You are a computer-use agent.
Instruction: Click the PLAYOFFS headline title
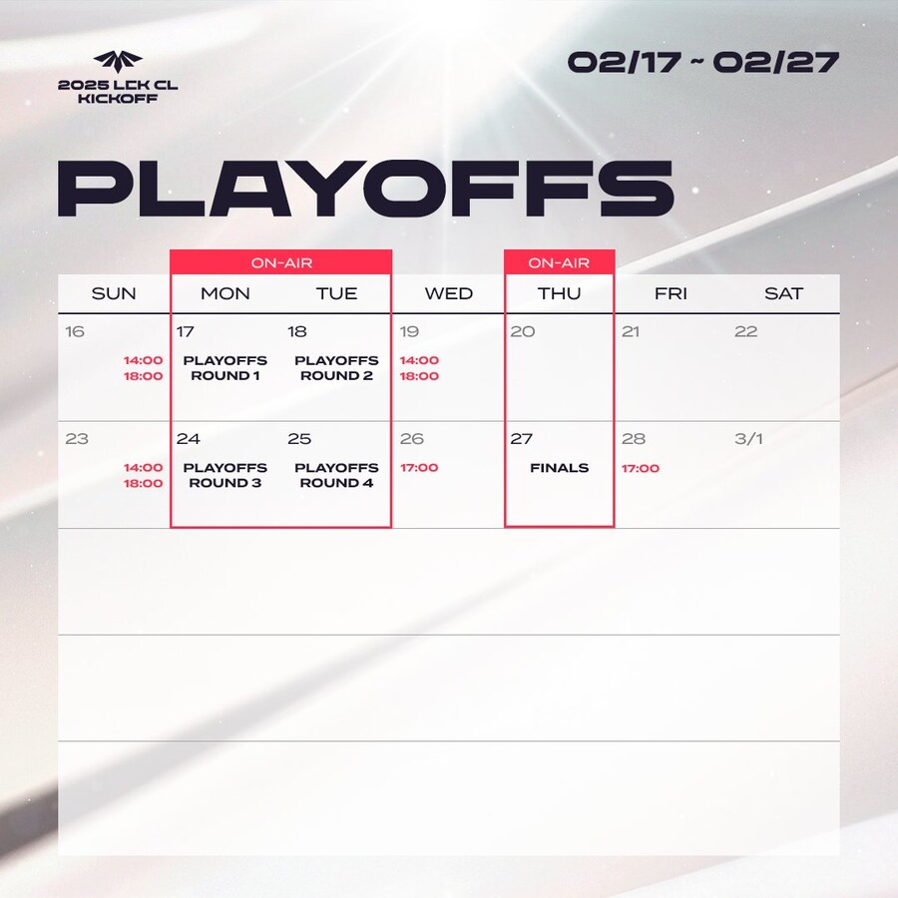tap(365, 187)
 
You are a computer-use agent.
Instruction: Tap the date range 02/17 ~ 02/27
tap(702, 61)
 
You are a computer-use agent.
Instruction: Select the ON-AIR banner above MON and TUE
tap(280, 262)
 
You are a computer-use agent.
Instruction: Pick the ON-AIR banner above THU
tap(559, 262)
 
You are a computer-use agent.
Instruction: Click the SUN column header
tap(114, 293)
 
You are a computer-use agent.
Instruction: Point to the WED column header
tap(449, 293)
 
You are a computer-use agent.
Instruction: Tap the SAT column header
tap(783, 293)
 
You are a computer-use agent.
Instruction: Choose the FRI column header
tap(672, 293)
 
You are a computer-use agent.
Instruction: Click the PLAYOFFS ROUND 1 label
tap(225, 368)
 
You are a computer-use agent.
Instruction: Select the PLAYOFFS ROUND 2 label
tap(336, 368)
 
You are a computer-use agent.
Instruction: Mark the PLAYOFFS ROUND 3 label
tap(225, 475)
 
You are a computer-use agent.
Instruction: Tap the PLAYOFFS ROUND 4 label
tap(336, 475)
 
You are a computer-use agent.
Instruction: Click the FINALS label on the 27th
tap(559, 468)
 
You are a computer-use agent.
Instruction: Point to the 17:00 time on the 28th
tap(641, 468)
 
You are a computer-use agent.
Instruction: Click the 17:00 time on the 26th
tap(419, 468)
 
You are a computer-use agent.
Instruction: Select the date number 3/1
tap(748, 439)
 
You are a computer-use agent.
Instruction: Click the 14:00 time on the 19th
tap(419, 360)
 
